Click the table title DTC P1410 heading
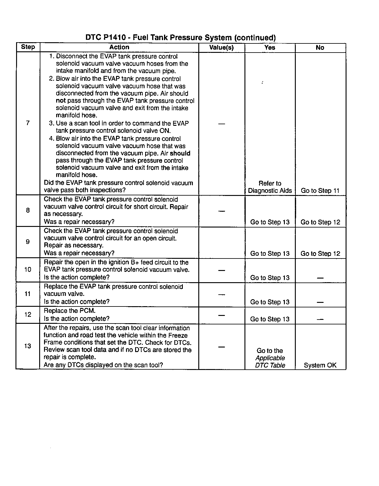[x=180, y=38]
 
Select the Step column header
[x=28, y=47]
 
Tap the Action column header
[x=119, y=47]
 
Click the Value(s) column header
[x=221, y=48]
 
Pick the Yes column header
[x=270, y=47]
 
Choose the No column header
[x=320, y=47]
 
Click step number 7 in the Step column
[x=28, y=123]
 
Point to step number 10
[x=28, y=269]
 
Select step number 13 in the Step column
[x=28, y=346]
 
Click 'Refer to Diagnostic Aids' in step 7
[x=270, y=187]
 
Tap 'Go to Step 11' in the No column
[x=320, y=191]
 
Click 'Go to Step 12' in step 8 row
[x=320, y=222]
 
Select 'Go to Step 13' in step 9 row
[x=270, y=254]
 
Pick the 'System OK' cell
[x=320, y=365]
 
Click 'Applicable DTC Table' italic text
[x=270, y=361]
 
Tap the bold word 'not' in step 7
[x=61, y=101]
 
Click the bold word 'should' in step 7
[x=180, y=153]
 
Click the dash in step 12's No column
[x=320, y=319]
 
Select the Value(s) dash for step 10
[x=222, y=270]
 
